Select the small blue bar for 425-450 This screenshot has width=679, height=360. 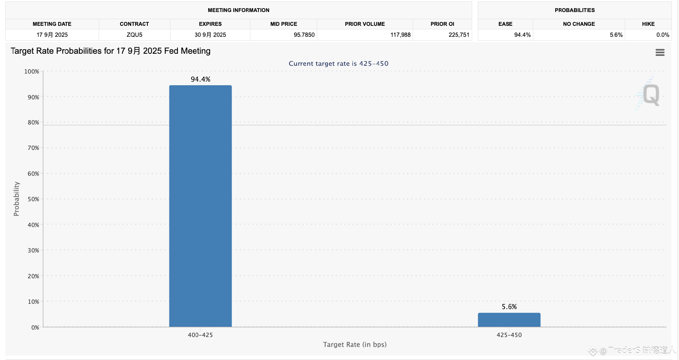[509, 320]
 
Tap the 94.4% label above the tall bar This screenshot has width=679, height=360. [201, 79]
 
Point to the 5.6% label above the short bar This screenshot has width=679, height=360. [509, 307]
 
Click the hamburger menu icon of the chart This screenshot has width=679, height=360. [660, 52]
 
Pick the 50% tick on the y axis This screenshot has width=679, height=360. [33, 199]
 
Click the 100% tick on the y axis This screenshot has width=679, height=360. [31, 71]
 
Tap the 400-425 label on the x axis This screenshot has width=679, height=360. [200, 335]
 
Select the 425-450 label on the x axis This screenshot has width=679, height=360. [509, 335]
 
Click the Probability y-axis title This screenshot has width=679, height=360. [16, 199]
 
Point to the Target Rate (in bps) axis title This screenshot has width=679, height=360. [355, 344]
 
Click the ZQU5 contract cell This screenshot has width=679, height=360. [134, 35]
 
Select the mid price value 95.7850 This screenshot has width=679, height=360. [304, 35]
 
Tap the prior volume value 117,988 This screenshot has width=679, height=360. [400, 35]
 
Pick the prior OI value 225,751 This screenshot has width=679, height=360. [459, 35]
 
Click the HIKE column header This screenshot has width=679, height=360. [648, 24]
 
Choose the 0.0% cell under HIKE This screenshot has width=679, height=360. [662, 35]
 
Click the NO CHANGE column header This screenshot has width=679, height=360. [579, 24]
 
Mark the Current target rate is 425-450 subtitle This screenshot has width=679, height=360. [338, 64]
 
